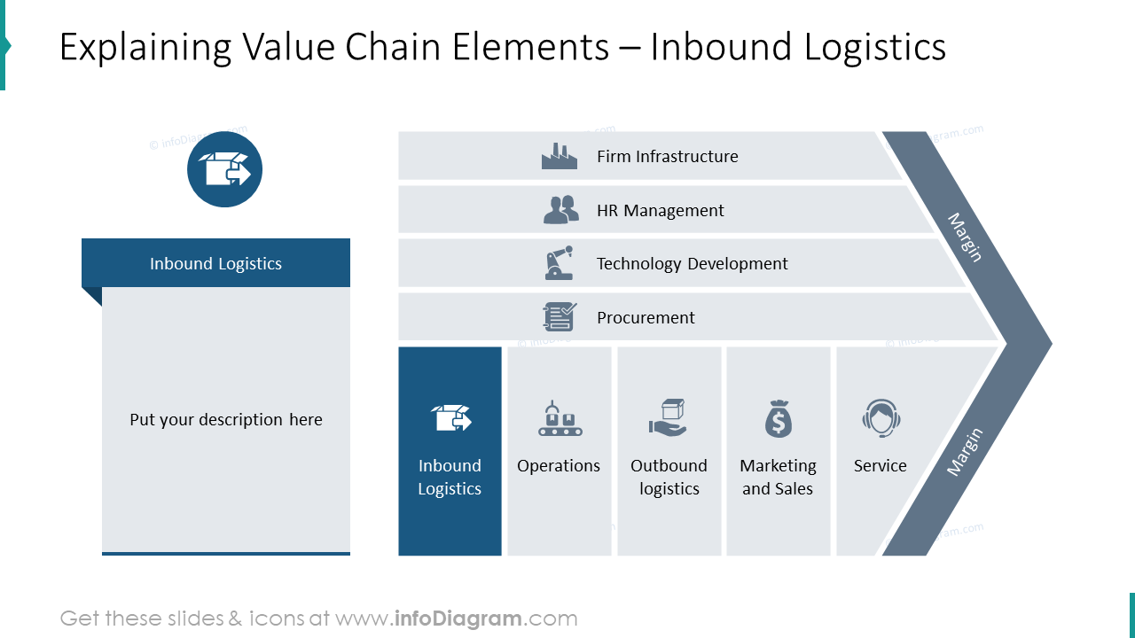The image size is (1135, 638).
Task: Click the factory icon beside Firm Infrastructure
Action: coord(559,157)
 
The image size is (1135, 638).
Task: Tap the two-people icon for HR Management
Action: coord(560,210)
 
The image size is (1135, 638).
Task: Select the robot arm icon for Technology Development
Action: coord(559,263)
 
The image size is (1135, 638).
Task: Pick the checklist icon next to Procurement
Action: coord(560,317)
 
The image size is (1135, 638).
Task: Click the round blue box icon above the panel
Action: coord(224,169)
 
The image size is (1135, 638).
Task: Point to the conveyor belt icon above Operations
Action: coord(559,418)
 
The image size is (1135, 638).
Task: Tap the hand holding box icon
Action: coord(668,417)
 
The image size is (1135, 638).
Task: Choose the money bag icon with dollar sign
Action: coord(778,418)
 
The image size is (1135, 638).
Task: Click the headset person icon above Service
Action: coord(881,418)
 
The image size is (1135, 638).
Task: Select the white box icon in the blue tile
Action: coord(450,417)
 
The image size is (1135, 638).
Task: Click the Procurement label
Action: coord(646,317)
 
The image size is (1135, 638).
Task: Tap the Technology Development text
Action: coord(692,263)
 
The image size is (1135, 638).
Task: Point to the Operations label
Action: coord(559,465)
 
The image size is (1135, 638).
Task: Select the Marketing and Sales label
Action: coord(778,477)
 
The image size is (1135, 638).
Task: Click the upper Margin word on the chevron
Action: coord(965,237)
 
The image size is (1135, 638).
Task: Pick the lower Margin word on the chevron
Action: coord(965,452)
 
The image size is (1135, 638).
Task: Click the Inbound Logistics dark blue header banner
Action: coord(215,263)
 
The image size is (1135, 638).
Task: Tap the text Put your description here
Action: coord(226,419)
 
